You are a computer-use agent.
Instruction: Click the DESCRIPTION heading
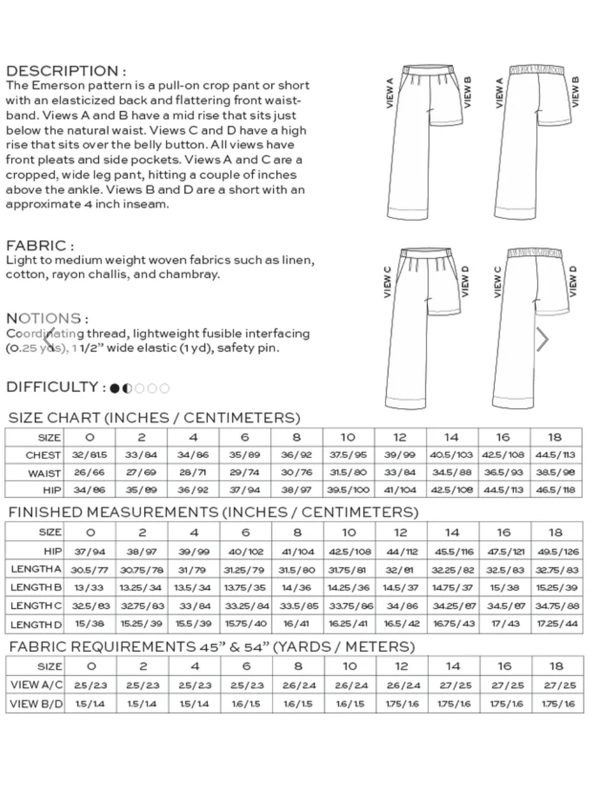66,71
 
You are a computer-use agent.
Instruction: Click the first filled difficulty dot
115,388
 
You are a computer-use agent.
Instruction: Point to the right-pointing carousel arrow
542,339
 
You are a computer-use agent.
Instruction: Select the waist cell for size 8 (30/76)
296,473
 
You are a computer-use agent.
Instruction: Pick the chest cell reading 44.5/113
555,455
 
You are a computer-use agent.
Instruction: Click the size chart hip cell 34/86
89,490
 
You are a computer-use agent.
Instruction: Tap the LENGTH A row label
36,569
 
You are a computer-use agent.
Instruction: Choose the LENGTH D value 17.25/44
556,623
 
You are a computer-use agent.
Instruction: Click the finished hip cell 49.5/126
556,551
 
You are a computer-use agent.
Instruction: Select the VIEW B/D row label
36,703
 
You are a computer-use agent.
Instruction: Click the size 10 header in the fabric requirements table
349,666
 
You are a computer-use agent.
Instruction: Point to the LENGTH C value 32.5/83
90,605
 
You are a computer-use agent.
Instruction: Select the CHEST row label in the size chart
43,455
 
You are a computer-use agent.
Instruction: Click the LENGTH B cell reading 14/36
296,587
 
